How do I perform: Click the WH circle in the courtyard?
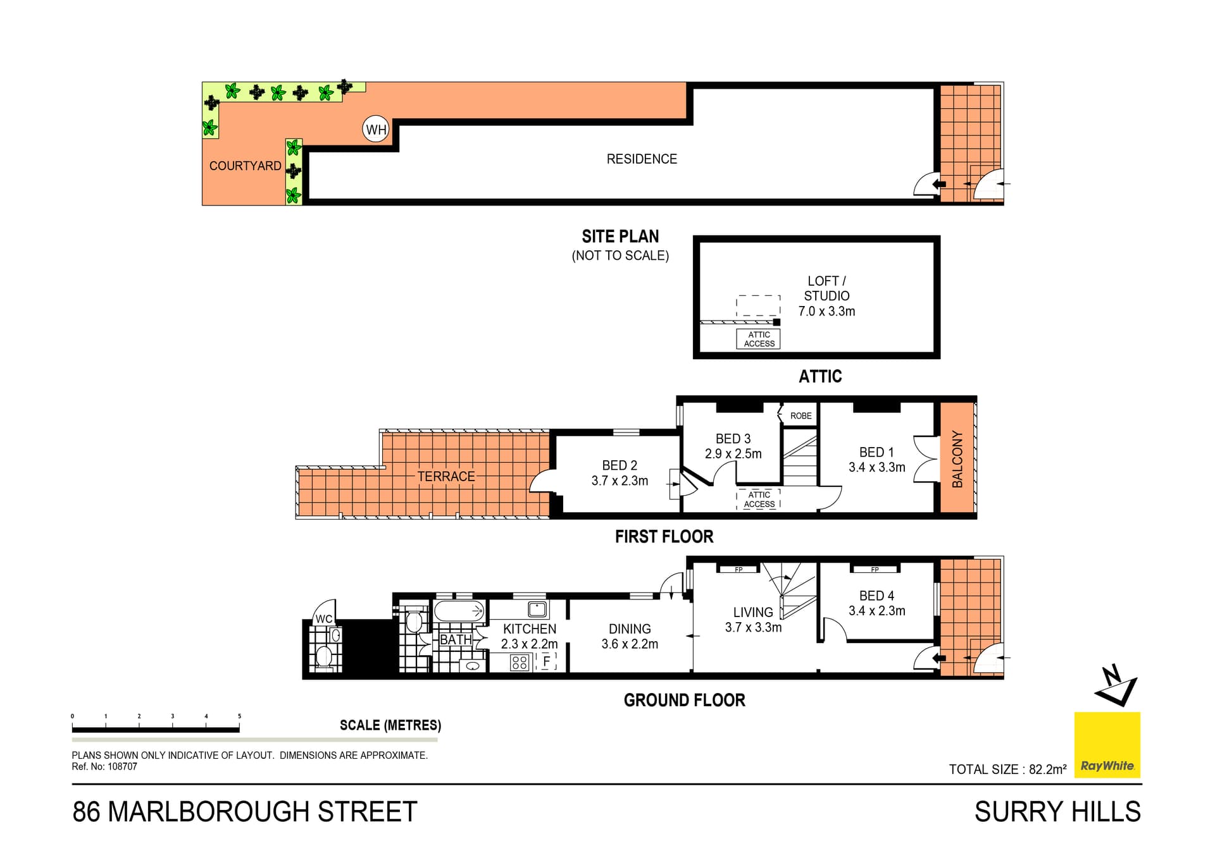point(376,130)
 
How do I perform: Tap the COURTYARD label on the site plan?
point(245,166)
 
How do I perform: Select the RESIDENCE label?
point(642,159)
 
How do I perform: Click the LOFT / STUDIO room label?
point(826,288)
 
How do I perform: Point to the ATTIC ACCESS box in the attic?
point(759,340)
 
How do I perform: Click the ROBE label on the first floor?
point(801,415)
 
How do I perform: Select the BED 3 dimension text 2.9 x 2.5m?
point(733,453)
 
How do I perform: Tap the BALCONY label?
point(957,458)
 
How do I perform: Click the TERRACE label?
point(445,476)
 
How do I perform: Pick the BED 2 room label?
point(620,465)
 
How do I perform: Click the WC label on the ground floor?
point(324,618)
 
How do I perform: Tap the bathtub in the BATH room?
point(459,611)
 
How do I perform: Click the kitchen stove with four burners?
point(520,663)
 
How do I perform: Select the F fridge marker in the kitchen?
point(547,662)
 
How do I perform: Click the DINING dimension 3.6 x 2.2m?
point(630,644)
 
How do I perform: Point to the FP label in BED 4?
point(875,570)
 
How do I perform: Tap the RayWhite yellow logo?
point(1107,745)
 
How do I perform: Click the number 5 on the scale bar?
point(239,716)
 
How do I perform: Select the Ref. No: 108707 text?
point(104,766)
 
